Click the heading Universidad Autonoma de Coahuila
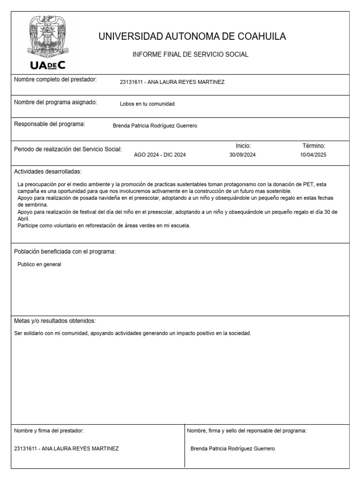[192, 37]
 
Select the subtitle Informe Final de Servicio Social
[190, 55]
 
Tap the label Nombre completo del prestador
[55, 80]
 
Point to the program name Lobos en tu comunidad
[147, 104]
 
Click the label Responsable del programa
[49, 124]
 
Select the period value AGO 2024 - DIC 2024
[160, 155]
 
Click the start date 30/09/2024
[243, 155]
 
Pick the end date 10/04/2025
[314, 155]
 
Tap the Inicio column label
[243, 146]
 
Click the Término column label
[314, 146]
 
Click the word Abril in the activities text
[23, 219]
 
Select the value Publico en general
[39, 264]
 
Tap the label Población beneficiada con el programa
[65, 252]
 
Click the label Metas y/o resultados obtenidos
[55, 321]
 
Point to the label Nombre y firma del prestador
[49, 430]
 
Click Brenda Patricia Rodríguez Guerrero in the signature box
[232, 449]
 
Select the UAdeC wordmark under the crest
[48, 65]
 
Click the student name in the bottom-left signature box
[67, 449]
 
